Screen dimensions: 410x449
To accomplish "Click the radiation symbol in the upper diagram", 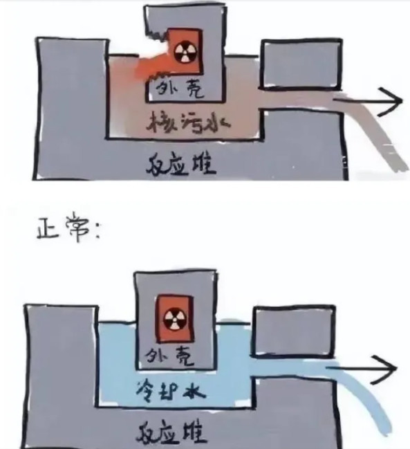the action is click(186, 53).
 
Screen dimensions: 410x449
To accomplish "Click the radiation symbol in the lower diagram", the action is click(175, 319).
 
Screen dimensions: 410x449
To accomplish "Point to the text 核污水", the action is click(188, 122).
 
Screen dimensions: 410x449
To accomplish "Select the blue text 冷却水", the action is click(170, 392).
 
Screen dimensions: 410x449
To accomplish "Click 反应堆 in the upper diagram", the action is click(180, 165).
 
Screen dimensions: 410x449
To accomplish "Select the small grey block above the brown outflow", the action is click(301, 64).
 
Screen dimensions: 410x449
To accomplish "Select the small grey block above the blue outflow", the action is click(293, 331).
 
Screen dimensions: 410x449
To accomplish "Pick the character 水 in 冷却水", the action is click(195, 391).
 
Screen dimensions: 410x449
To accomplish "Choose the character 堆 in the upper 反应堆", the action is click(204, 165).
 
